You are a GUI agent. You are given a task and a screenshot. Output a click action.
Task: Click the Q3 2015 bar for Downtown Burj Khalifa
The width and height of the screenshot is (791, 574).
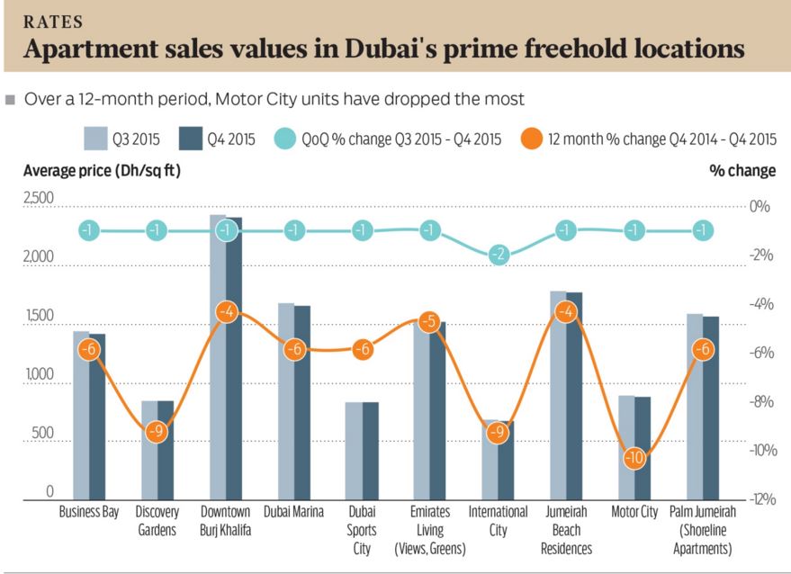point(217,360)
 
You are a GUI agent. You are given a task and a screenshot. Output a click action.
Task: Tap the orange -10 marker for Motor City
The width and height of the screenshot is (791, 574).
point(635,458)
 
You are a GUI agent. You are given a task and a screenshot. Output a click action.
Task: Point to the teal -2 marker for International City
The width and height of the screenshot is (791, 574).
point(499,255)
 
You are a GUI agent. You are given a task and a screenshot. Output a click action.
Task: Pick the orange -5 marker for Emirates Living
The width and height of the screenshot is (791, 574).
point(430,322)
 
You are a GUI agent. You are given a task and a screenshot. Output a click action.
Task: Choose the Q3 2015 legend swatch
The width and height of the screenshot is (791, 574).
point(95,139)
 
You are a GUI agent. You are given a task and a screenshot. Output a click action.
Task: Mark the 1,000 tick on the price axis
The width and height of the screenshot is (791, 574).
point(38,384)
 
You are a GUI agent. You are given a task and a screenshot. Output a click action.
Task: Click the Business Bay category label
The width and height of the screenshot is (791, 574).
point(89,512)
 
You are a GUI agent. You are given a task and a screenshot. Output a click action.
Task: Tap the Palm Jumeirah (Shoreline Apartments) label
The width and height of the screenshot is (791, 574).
point(703,530)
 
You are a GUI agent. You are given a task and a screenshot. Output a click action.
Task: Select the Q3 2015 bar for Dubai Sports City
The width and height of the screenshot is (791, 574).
point(354,450)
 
